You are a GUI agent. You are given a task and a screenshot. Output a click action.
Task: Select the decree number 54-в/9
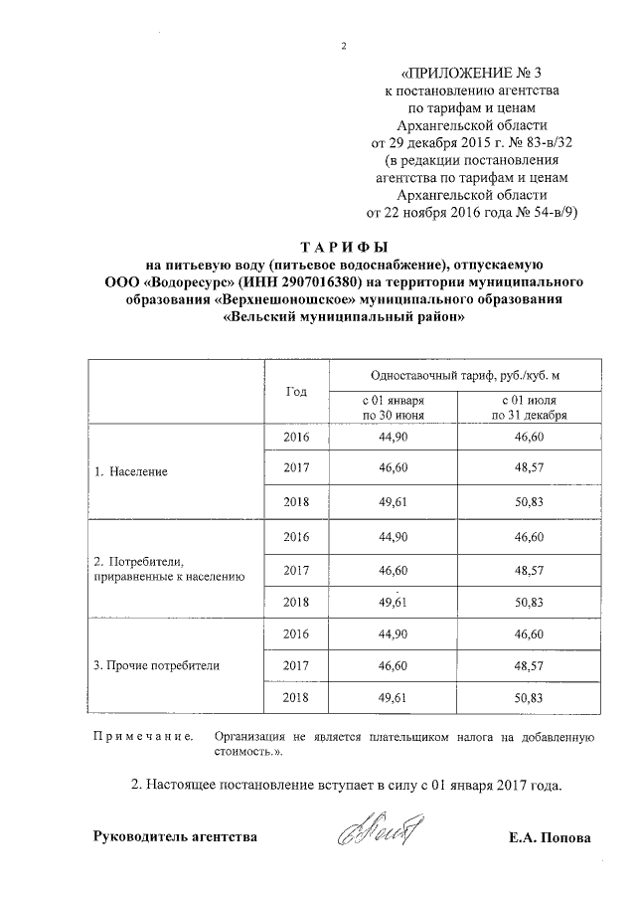[x=549, y=212]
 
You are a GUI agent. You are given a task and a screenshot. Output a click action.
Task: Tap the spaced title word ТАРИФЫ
[x=343, y=246]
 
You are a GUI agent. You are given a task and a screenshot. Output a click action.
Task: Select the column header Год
[x=295, y=391]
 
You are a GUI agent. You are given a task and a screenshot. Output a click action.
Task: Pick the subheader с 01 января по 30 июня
[x=395, y=407]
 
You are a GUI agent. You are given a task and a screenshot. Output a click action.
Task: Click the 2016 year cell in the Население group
[x=296, y=438]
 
